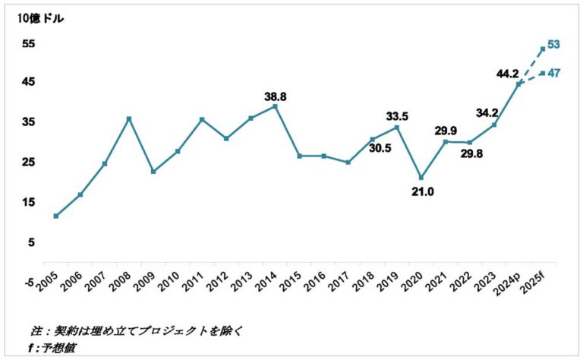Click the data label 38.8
click(275, 97)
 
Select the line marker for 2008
click(129, 119)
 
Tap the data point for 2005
click(55, 216)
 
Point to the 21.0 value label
click(423, 192)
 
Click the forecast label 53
click(553, 44)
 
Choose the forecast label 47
click(553, 73)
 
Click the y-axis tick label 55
click(28, 44)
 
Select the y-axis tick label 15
click(28, 202)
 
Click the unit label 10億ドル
click(40, 18)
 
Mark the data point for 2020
click(421, 178)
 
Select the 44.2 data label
click(508, 74)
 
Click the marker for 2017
click(348, 162)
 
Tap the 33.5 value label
click(397, 116)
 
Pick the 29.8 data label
click(471, 153)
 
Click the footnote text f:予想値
click(52, 348)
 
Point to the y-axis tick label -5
click(29, 283)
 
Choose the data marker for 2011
click(202, 119)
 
